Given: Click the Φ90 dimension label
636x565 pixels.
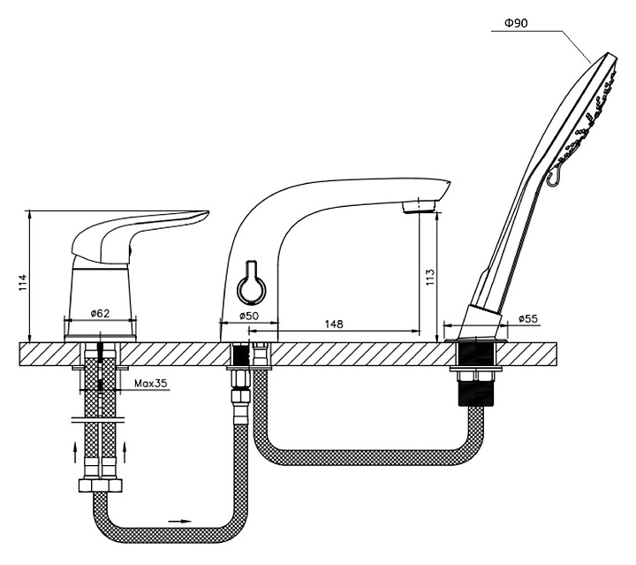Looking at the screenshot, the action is [516, 23].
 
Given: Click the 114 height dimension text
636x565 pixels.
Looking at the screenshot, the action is [23, 282].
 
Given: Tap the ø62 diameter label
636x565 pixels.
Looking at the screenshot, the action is [100, 313].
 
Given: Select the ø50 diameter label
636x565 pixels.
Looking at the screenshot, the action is [248, 316].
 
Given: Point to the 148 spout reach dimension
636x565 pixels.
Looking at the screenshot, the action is [334, 324].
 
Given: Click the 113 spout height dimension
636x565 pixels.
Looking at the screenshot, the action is [430, 278].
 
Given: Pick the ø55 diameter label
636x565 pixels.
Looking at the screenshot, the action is [528, 318].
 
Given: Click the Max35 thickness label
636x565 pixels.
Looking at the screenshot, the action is [151, 383].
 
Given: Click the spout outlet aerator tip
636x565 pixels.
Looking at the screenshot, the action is [418, 206].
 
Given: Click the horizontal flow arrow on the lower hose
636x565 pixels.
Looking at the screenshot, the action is [179, 521].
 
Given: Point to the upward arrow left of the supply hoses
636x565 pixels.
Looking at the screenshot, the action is [75, 453].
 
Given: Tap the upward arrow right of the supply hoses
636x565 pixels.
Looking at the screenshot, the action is [125, 453].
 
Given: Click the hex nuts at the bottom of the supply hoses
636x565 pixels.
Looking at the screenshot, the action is [100, 485].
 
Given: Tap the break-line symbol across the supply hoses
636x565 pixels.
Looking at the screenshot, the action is [99, 420].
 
